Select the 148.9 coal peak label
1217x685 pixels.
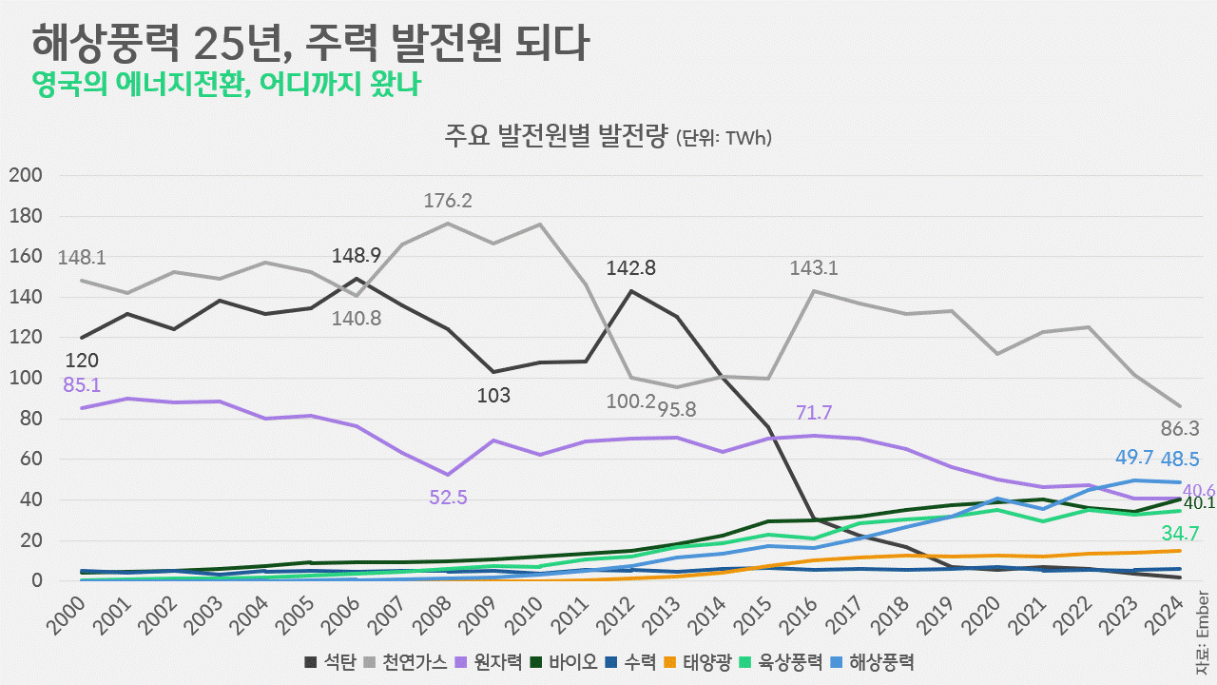(x=356, y=255)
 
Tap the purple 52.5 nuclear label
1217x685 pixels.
(x=448, y=497)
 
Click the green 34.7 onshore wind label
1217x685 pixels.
(x=1179, y=534)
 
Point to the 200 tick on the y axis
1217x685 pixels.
(x=25, y=175)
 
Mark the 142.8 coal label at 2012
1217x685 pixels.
(x=631, y=268)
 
